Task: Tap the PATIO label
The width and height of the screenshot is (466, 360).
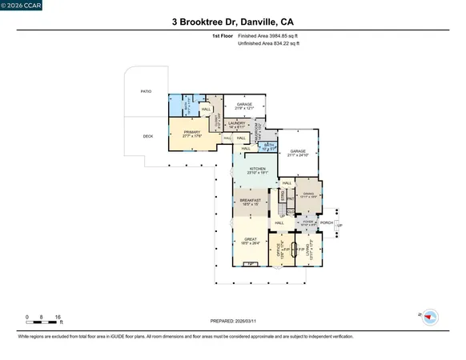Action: click(146, 91)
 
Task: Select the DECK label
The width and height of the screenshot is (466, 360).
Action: click(147, 136)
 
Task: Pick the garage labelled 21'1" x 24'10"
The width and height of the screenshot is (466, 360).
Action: click(299, 152)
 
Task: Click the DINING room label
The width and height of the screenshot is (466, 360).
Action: click(308, 194)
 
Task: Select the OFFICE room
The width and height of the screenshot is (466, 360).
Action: click(279, 248)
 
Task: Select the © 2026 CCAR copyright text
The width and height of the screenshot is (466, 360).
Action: click(22, 6)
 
